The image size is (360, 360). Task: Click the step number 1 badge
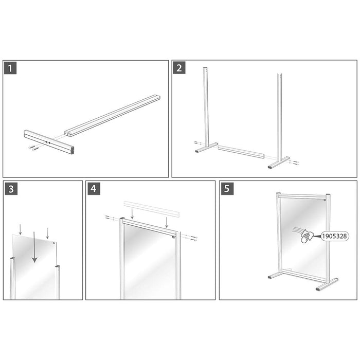click(10, 68)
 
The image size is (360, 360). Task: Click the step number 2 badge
click(179, 68)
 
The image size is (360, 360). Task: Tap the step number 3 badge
click(10, 188)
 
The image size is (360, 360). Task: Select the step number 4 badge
click(93, 188)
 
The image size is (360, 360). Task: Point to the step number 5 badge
click(227, 188)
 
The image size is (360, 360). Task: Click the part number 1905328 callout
click(334, 236)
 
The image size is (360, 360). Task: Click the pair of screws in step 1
click(33, 148)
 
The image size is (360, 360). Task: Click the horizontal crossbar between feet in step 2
click(241, 152)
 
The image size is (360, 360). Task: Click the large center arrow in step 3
click(34, 247)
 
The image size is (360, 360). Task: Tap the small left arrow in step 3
click(19, 229)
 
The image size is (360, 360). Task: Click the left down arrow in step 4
click(132, 213)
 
